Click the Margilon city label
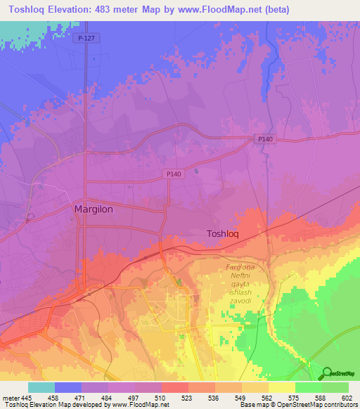pyautogui.click(x=94, y=209)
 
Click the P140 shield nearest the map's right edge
pyautogui.click(x=265, y=140)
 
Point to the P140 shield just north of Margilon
pyautogui.click(x=175, y=174)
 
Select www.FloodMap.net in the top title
pyautogui.click(x=217, y=10)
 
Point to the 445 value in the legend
pyautogui.click(x=27, y=398)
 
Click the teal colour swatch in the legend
pyautogui.click(x=41, y=387)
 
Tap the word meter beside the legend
pyautogui.click(x=9, y=398)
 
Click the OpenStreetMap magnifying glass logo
pyautogui.click(x=326, y=373)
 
